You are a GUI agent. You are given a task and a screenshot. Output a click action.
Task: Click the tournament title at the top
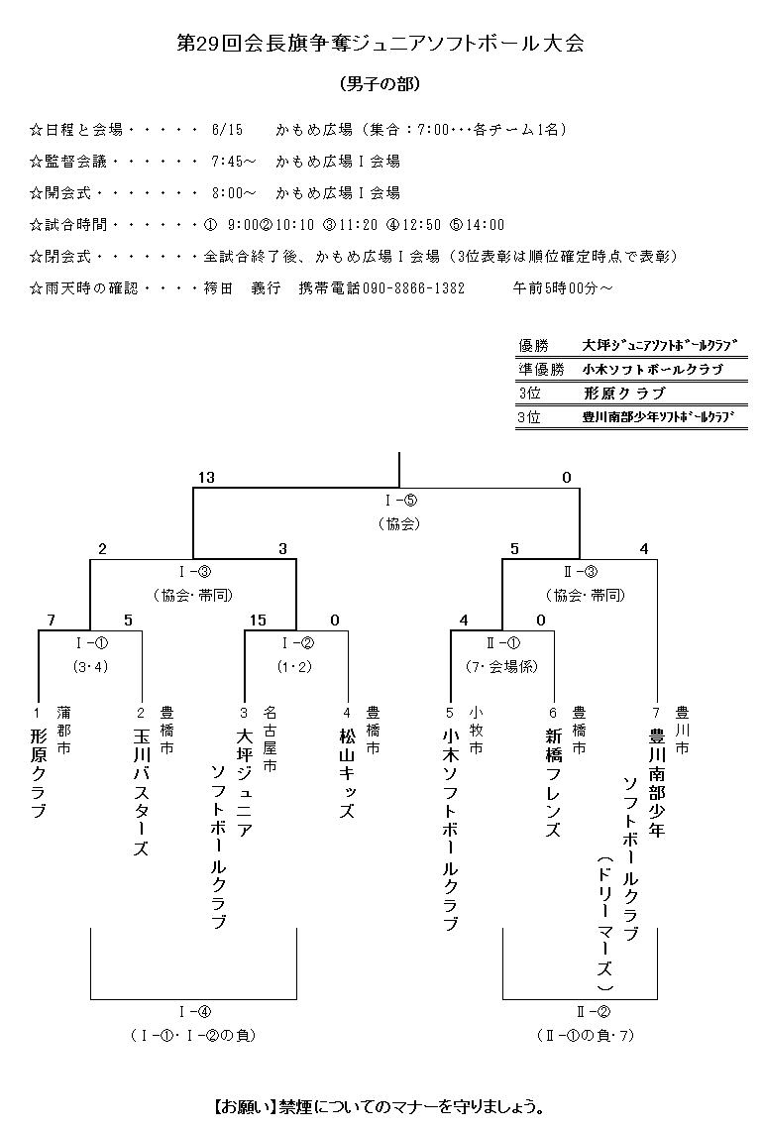pos(380,44)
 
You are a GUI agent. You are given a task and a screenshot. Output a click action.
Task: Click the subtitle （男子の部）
pos(380,84)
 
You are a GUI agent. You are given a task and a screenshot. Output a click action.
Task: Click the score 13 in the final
pos(205,478)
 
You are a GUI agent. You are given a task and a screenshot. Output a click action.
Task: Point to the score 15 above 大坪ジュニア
pos(258,621)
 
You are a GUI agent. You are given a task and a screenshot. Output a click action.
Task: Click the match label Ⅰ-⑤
pos(399,500)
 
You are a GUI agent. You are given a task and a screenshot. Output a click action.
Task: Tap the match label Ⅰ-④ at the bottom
pos(193,1011)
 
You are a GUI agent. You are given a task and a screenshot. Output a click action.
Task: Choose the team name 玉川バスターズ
pos(141,793)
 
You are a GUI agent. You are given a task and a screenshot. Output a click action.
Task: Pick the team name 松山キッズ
pos(347,773)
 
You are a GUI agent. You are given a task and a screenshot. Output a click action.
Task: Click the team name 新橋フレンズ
pos(553,783)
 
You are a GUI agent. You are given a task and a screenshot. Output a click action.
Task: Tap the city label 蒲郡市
pos(64,732)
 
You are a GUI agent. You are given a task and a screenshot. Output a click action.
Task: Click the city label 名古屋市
pos(270,738)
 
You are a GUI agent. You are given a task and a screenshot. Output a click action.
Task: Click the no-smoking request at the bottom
pos(380,1105)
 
